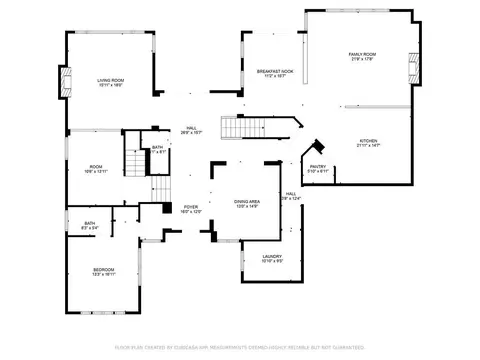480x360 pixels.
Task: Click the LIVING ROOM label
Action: pos(110,80)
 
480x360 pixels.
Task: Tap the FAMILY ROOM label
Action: pos(362,53)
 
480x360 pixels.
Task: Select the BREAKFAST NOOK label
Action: pos(274,71)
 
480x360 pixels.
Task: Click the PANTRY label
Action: pos(317,167)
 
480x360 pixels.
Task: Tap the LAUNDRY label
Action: pos(272,257)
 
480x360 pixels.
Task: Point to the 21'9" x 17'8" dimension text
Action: pos(362,59)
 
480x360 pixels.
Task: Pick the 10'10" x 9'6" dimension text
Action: pos(272,263)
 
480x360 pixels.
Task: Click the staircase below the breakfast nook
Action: pos(241,128)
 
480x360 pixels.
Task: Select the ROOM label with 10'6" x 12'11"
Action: pos(96,166)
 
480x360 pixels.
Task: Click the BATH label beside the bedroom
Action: pos(90,223)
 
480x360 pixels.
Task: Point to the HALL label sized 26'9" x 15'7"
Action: pos(191,128)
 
